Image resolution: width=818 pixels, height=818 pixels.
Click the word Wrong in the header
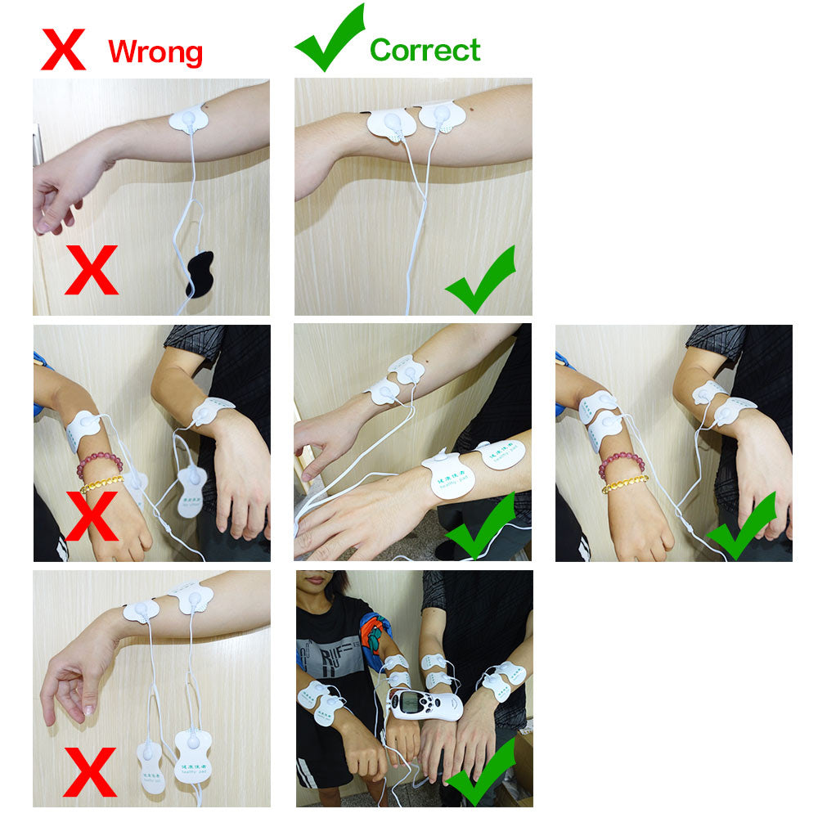(x=155, y=52)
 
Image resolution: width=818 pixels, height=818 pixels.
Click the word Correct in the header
(x=425, y=50)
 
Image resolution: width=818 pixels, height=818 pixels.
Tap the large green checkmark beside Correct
(x=330, y=39)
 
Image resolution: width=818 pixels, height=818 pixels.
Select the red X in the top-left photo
(x=91, y=269)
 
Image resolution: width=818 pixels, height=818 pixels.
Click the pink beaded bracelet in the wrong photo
(x=99, y=464)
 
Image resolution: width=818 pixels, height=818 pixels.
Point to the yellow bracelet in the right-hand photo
(x=625, y=483)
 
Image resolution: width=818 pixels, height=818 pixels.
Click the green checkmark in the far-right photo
(x=741, y=526)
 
